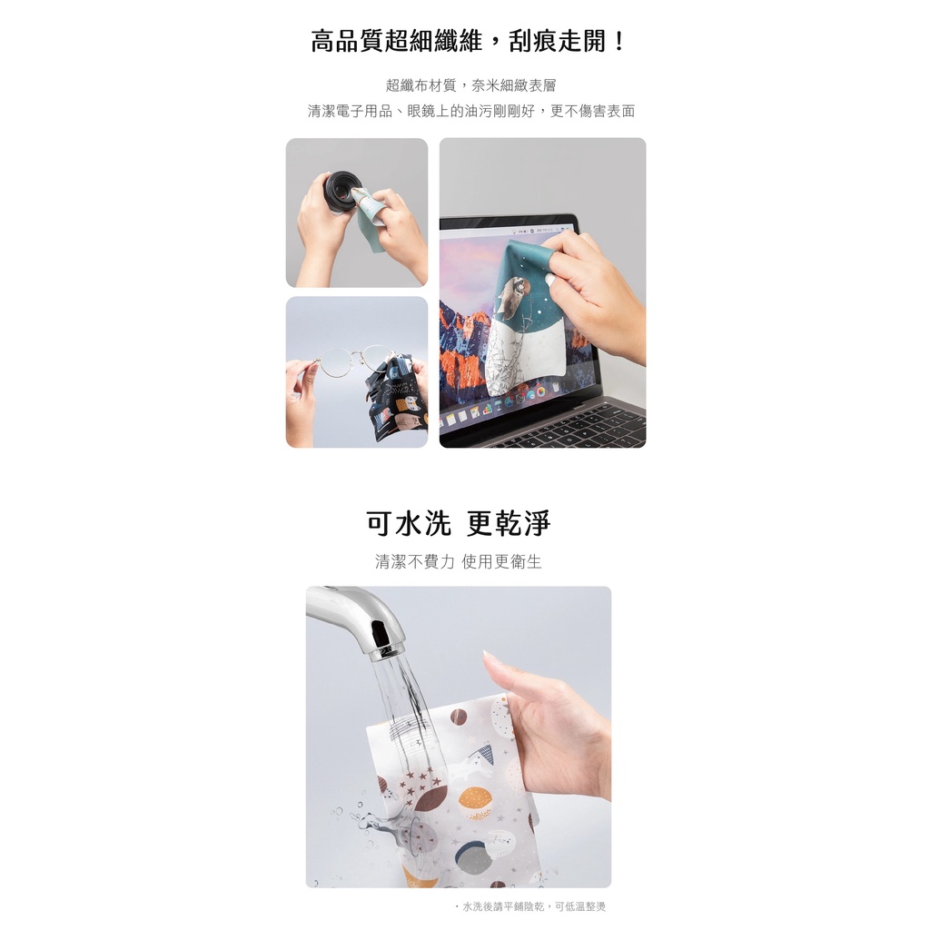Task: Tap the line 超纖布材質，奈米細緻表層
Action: (471, 85)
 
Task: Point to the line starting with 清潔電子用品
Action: (471, 111)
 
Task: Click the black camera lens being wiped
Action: (340, 192)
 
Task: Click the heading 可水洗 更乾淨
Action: (459, 523)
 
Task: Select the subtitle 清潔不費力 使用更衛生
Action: (459, 561)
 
